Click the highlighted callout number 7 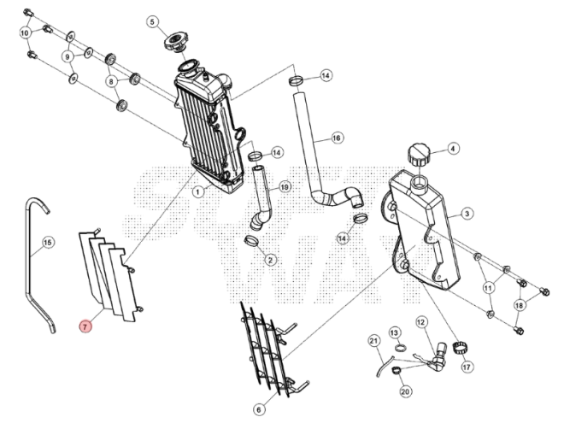(84, 326)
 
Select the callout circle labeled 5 (153, 21)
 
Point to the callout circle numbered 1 (197, 192)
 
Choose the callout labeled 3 (467, 212)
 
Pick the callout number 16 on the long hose (336, 137)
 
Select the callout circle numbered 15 (48, 243)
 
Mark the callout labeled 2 (270, 259)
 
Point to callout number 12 (421, 322)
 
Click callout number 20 (405, 391)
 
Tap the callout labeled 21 (373, 342)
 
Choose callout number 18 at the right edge (519, 305)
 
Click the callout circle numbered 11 (488, 287)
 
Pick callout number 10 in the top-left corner (25, 32)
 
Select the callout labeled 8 (110, 81)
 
